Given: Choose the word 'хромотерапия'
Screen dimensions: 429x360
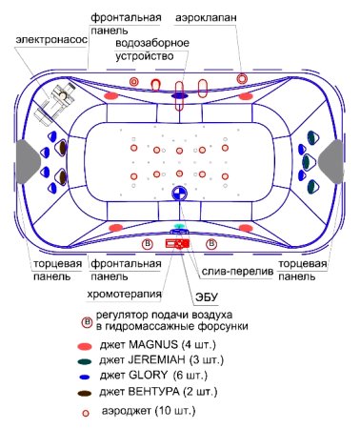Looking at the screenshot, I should [120, 294].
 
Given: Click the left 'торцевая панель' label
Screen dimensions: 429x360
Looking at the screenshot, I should [43, 269].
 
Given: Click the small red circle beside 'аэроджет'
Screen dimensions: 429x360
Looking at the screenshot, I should [86, 413].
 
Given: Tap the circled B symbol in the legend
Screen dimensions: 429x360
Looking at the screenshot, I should [87, 320].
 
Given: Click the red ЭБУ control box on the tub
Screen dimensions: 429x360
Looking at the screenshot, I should [178, 245].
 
